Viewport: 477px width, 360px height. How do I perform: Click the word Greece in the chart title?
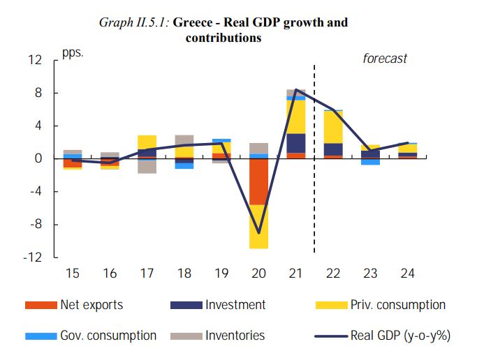(x=192, y=22)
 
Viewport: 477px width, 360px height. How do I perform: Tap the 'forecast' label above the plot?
(x=384, y=59)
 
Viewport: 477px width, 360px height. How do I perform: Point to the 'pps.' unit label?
(x=73, y=53)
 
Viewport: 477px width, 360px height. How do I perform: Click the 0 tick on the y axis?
(x=38, y=159)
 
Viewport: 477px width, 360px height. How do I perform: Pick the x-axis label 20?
(x=258, y=273)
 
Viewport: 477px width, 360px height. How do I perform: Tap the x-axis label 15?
(x=73, y=273)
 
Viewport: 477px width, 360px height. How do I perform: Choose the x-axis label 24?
(x=407, y=273)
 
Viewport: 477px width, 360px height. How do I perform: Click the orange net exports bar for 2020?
(x=258, y=181)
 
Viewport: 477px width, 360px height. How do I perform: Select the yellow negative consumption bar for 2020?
(x=258, y=226)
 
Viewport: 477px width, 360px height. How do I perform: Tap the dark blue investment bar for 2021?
(x=295, y=143)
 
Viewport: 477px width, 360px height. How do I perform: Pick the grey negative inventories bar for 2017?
(x=147, y=166)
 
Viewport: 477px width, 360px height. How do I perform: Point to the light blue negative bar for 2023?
(x=370, y=162)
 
